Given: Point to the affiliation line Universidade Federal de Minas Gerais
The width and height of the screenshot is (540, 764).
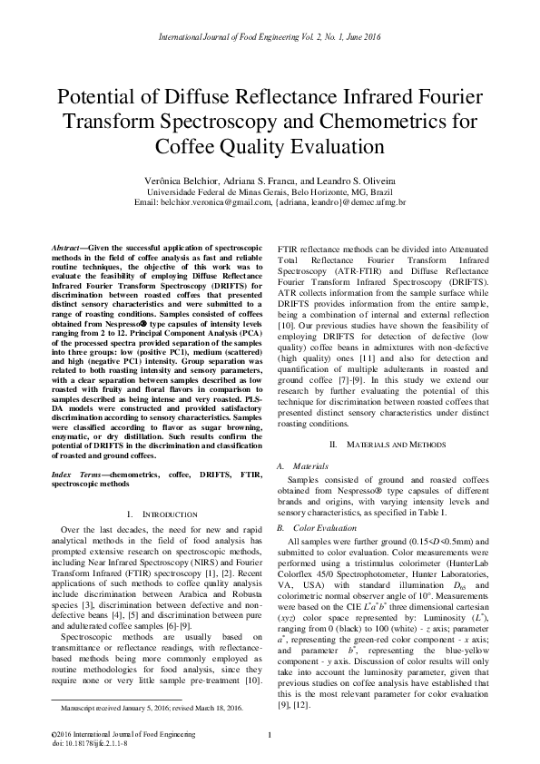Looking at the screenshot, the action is point(270,193).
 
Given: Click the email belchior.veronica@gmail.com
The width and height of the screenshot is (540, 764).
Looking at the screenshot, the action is point(213,204).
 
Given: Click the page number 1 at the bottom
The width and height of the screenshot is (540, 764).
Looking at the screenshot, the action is point(270,734).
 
